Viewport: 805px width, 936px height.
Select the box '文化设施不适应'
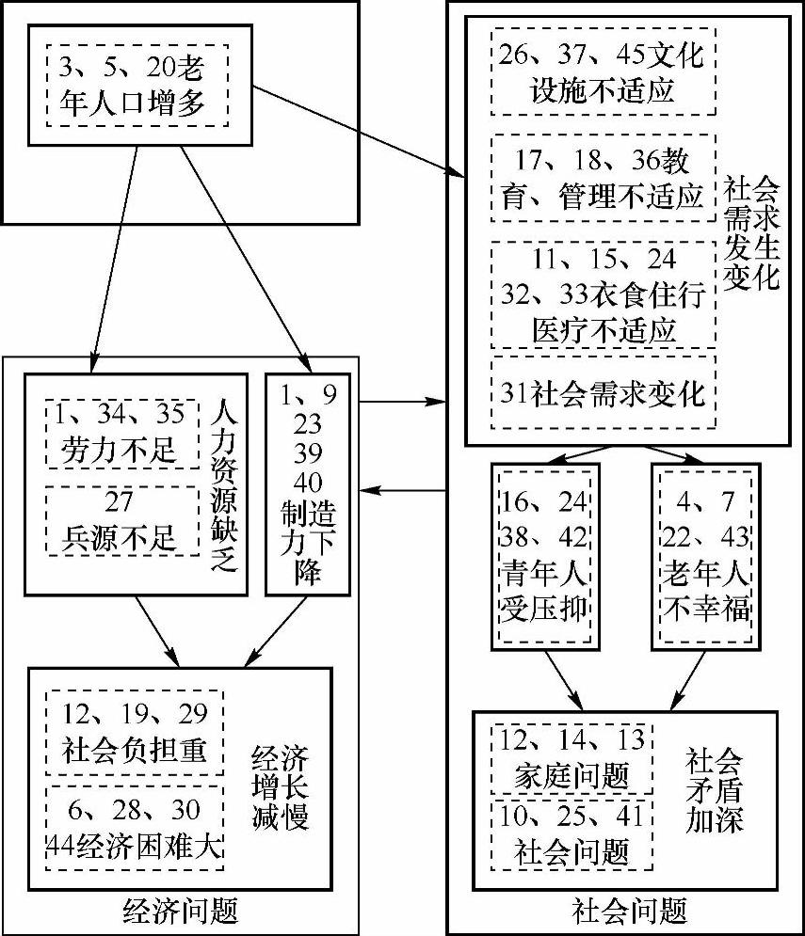coord(604,71)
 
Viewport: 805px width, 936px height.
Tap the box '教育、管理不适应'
coord(604,178)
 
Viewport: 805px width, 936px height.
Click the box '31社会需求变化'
coord(604,393)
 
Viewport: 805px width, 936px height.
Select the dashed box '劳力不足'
coord(121,433)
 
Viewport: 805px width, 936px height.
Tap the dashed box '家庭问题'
coord(572,757)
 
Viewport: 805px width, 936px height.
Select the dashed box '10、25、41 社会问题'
coord(572,833)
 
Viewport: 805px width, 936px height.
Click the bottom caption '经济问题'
coord(181,911)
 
